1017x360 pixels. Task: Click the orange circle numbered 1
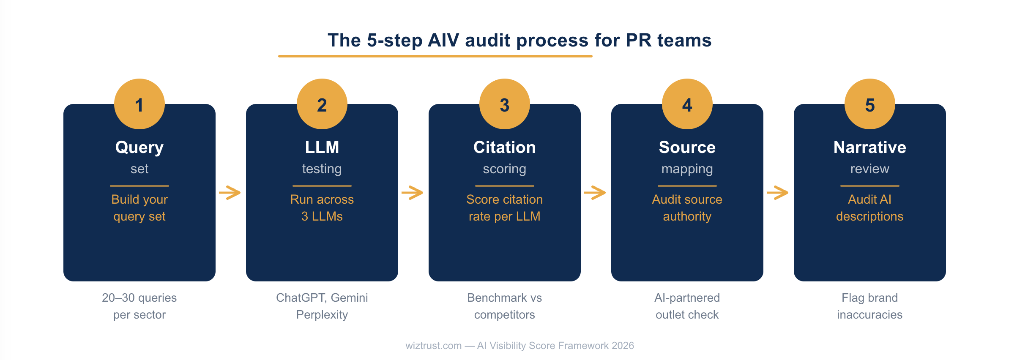pos(139,104)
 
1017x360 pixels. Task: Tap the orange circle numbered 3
pos(505,104)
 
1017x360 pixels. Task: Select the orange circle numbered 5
pos(870,104)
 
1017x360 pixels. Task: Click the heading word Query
pos(139,148)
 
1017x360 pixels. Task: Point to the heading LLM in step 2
pos(322,147)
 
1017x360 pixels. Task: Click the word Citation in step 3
pos(505,147)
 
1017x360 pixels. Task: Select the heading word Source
pos(687,147)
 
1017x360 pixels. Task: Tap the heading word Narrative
pos(870,147)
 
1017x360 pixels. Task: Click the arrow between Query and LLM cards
pos(230,193)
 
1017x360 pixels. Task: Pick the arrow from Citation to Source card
pos(595,193)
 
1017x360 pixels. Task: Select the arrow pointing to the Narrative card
pos(778,193)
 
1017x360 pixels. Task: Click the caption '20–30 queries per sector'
pos(139,306)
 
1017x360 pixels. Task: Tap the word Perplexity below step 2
pos(322,315)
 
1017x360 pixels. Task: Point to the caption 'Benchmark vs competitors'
pos(505,306)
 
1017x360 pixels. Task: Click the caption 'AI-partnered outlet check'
pos(687,306)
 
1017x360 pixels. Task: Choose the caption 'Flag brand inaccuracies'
pos(870,306)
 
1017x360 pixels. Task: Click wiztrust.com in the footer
pos(434,346)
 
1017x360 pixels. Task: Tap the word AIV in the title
pos(443,41)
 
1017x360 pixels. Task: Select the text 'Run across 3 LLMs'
pos(322,208)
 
